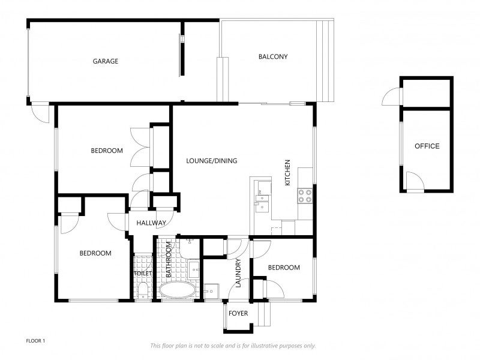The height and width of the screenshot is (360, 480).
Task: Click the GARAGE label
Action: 106,61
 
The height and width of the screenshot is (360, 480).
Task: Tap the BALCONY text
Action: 273,56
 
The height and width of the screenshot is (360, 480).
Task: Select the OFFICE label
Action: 427,146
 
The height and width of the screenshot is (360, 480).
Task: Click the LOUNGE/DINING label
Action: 212,161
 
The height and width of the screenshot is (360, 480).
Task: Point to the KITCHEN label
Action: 287,172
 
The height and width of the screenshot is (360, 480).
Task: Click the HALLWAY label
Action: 151,223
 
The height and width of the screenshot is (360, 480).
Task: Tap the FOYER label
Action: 238,313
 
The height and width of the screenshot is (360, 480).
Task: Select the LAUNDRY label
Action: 238,273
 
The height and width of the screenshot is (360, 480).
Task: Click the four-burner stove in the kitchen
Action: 305,196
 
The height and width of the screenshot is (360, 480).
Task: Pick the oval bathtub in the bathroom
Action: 178,290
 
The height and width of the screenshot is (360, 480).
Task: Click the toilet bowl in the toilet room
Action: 143,290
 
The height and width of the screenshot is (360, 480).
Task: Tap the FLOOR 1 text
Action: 35,341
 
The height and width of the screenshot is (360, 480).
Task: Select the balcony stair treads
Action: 326,61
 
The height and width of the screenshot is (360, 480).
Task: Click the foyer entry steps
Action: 264,314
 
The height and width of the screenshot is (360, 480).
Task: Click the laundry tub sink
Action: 212,292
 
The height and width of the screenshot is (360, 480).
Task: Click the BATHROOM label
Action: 169,260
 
